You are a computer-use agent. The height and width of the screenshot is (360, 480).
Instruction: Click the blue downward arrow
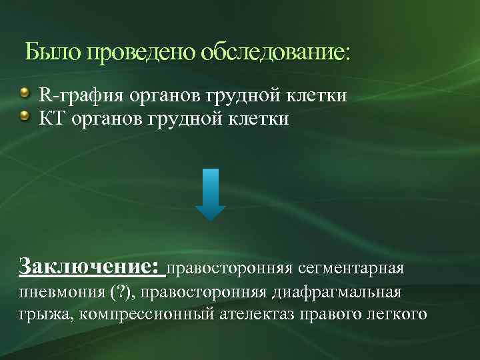210,194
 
